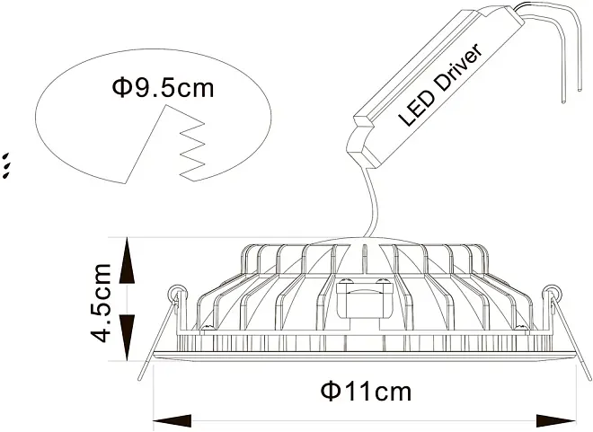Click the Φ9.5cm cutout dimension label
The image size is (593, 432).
(x=163, y=88)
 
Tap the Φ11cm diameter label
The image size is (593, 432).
(x=366, y=392)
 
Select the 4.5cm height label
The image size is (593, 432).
(x=101, y=303)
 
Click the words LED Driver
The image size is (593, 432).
(x=440, y=85)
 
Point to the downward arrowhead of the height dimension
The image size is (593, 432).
(x=127, y=338)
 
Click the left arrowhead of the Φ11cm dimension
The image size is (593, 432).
(x=172, y=420)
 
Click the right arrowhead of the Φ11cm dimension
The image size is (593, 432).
(x=557, y=420)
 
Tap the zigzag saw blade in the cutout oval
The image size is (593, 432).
(x=192, y=150)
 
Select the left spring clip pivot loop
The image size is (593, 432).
(x=176, y=292)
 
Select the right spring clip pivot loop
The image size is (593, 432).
(x=551, y=292)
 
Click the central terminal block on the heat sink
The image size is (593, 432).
(x=365, y=298)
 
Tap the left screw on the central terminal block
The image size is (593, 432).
(x=346, y=281)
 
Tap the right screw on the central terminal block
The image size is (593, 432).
(x=383, y=281)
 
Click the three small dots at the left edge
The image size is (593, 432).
(x=5, y=165)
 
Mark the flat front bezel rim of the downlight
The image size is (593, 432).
(x=365, y=356)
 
